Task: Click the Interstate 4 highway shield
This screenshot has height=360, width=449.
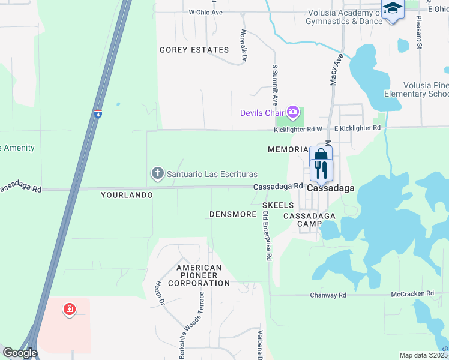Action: click(98, 113)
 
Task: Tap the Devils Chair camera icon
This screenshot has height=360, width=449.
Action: click(292, 112)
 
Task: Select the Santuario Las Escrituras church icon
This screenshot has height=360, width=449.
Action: click(157, 174)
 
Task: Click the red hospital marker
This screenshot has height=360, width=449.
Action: click(70, 310)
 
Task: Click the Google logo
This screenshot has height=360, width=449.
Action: click(20, 353)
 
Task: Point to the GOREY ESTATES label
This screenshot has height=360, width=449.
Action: click(194, 50)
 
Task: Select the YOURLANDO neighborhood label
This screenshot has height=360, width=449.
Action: click(127, 195)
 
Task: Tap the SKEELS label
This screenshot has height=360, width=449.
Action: click(278, 205)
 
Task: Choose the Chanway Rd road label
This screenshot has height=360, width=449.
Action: click(328, 295)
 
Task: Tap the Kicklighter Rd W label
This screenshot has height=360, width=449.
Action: click(298, 128)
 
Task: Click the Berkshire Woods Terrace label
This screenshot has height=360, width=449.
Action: click(202, 325)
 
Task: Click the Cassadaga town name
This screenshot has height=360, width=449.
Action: click(331, 188)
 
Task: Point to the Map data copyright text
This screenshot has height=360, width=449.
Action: click(424, 355)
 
